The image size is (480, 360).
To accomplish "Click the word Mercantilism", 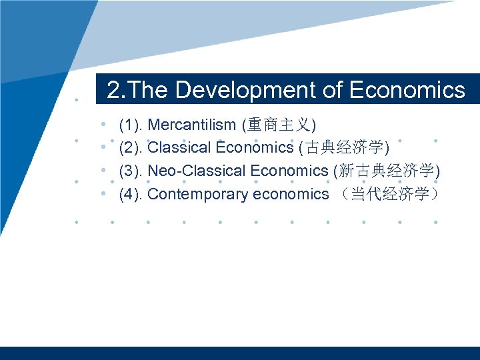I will (191, 125).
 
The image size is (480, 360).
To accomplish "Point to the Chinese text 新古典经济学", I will (387, 171).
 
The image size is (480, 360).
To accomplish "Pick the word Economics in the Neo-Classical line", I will (289, 171).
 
